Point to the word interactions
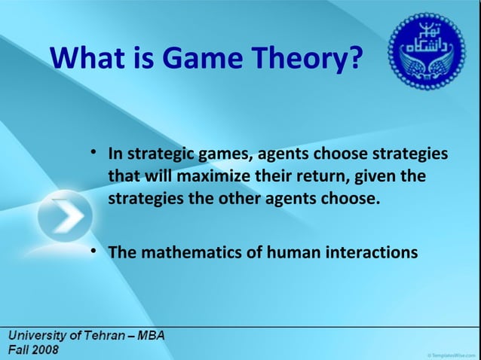coord(371,251)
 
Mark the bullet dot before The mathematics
coord(93,249)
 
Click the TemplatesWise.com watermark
coord(450,352)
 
